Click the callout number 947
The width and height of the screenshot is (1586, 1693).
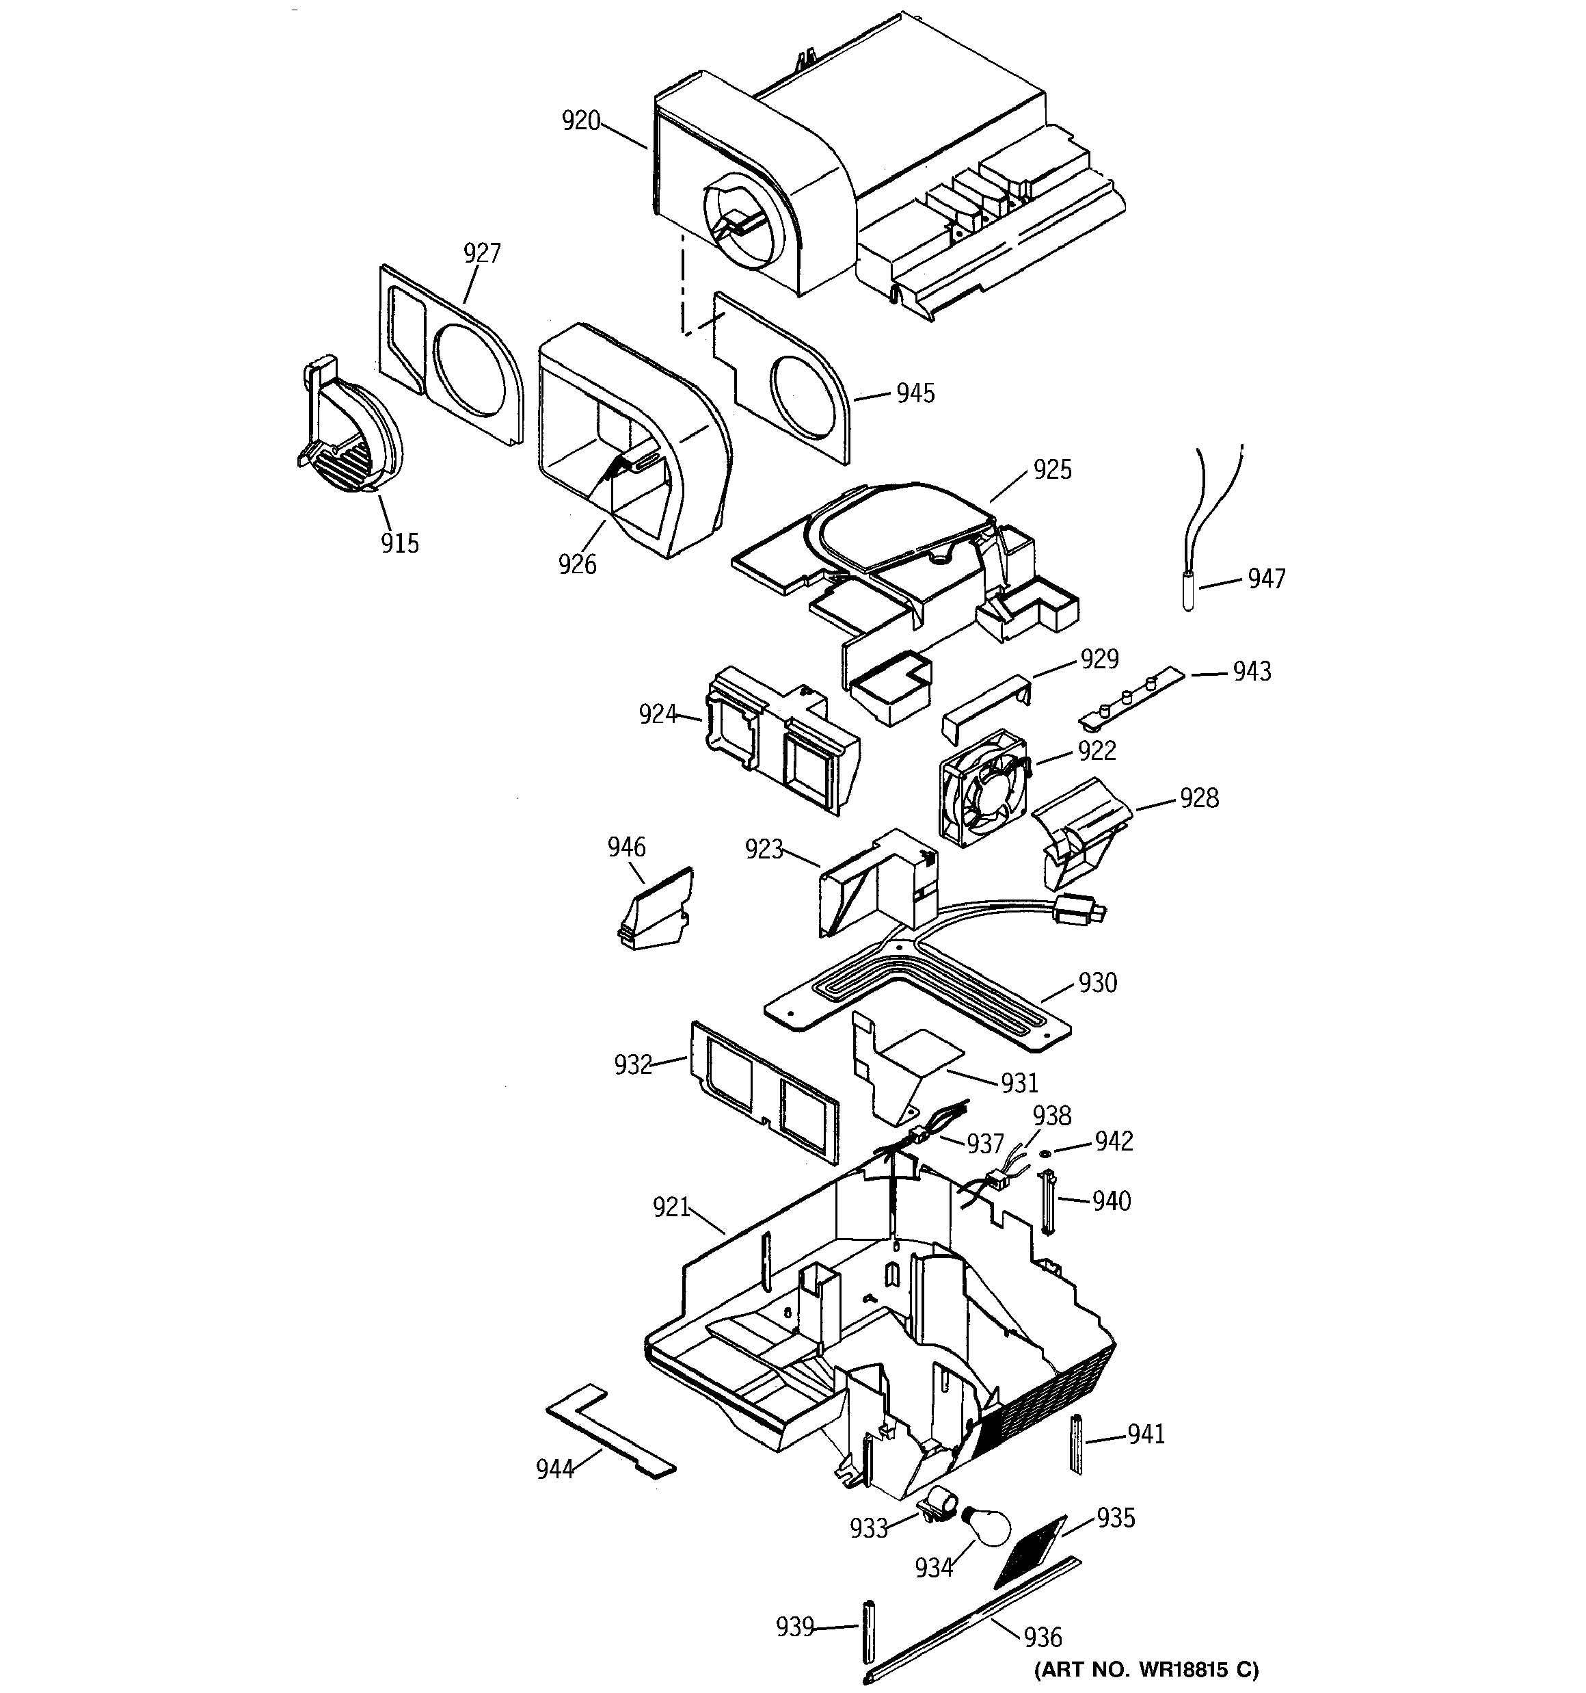coord(1266,579)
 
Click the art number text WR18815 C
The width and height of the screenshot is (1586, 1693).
coord(1146,1669)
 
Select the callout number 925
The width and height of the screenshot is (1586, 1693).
coord(1052,469)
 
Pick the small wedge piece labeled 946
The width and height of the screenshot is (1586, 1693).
coord(654,913)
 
